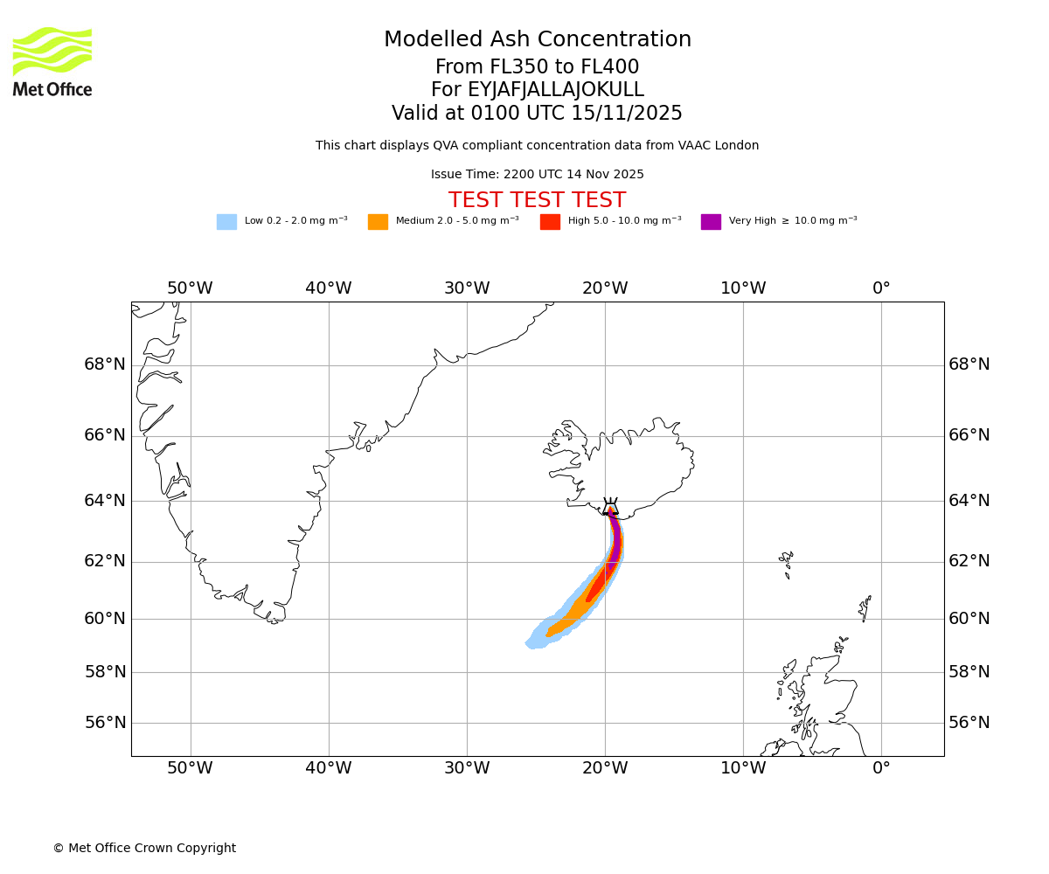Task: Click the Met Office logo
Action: [x=52, y=61]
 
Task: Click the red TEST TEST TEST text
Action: [x=537, y=200]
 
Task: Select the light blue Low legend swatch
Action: [x=226, y=221]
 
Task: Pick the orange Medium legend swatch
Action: [x=378, y=221]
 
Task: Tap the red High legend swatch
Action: [x=550, y=221]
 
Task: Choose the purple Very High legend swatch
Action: [x=711, y=221]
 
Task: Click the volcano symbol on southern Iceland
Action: [x=610, y=507]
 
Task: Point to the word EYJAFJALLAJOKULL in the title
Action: [x=556, y=90]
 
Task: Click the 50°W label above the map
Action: [x=190, y=288]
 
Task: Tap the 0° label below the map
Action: [x=881, y=768]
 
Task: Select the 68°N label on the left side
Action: [x=105, y=364]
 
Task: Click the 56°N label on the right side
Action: [x=969, y=723]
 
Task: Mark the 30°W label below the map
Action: [x=467, y=768]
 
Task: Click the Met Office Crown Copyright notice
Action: [x=144, y=848]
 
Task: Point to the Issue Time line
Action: [x=537, y=174]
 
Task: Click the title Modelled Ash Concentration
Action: [x=537, y=39]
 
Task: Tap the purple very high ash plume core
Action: [x=615, y=542]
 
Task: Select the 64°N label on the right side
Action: [x=969, y=501]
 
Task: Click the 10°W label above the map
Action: [x=743, y=288]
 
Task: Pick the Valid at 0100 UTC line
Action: [x=537, y=113]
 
